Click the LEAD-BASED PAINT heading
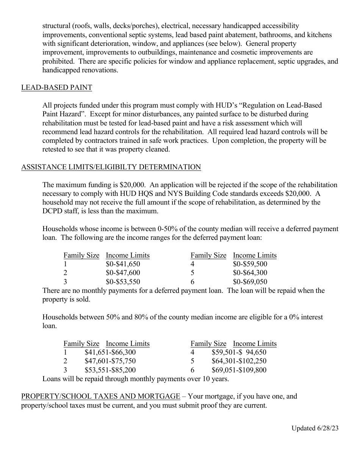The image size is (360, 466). pos(56,88)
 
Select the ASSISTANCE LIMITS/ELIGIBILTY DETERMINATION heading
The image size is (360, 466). pos(111,167)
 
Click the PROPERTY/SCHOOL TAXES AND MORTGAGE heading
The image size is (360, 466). pos(100,396)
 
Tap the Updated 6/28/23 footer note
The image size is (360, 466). pos(315,428)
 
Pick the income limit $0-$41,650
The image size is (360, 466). pos(123,264)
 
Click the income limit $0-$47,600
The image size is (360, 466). pos(123,273)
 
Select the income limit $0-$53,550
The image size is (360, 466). pos(123,282)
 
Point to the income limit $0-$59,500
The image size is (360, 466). pos(250,264)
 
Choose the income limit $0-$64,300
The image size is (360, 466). pos(250,273)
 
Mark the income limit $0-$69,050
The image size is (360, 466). pos(250,282)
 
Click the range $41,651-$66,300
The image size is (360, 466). pos(110,352)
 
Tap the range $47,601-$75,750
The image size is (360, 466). pos(110,361)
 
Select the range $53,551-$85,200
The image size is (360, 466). pos(110,370)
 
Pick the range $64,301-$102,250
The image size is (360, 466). pos(239,361)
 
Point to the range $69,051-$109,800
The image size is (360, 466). pos(239,370)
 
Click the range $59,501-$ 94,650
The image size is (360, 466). pos(239,352)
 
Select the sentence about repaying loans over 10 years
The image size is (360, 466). pos(135,378)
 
